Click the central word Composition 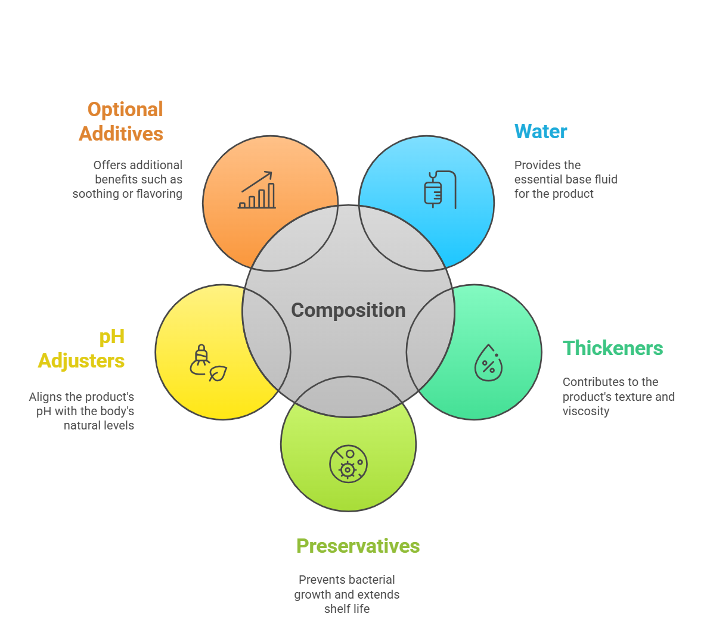[x=348, y=310]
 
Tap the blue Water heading [x=541, y=132]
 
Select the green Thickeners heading [x=612, y=348]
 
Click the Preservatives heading [x=358, y=546]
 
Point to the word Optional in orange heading [x=125, y=110]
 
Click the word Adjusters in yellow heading [x=81, y=361]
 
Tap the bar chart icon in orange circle [x=258, y=191]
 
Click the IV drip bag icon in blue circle [x=433, y=190]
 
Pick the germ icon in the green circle [x=348, y=464]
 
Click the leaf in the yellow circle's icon [x=218, y=373]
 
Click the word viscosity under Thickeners [x=586, y=412]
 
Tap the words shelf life [x=347, y=609]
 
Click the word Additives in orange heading [x=121, y=134]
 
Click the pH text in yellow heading [x=111, y=337]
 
